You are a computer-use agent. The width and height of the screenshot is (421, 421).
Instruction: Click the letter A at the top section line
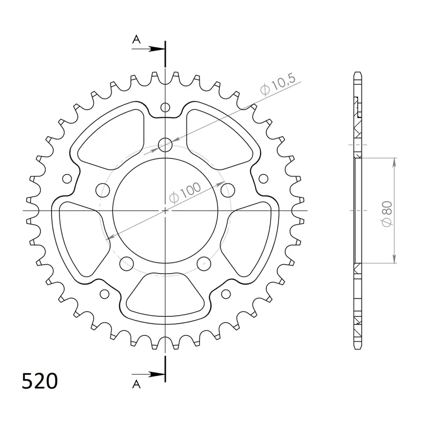[136, 39]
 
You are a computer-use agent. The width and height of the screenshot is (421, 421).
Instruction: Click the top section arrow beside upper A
[153, 48]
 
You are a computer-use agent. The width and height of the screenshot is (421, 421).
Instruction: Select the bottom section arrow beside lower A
[153, 374]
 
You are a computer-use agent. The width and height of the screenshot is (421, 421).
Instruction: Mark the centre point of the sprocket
[165, 210]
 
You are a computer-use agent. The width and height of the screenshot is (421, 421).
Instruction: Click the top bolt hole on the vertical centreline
[165, 144]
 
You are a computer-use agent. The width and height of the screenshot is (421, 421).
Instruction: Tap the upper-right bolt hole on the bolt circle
[228, 189]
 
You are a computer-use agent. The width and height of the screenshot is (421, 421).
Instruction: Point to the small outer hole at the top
[165, 108]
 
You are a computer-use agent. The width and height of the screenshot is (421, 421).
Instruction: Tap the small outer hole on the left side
[67, 178]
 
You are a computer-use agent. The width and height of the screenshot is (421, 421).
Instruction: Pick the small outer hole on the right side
[263, 178]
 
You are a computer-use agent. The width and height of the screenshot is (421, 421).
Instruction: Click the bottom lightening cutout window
[165, 297]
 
